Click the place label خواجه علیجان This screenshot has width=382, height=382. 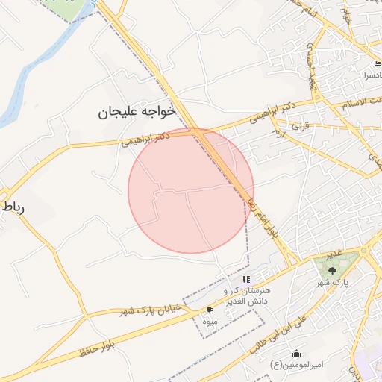pyautogui.click(x=137, y=112)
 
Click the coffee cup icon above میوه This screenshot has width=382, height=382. pyautogui.click(x=210, y=309)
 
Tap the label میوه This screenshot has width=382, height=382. pyautogui.click(x=210, y=321)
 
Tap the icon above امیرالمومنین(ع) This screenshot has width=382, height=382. pyautogui.click(x=297, y=354)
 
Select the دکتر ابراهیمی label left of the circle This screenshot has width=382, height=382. pyautogui.click(x=145, y=137)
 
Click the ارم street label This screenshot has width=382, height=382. pyautogui.click(x=280, y=132)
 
